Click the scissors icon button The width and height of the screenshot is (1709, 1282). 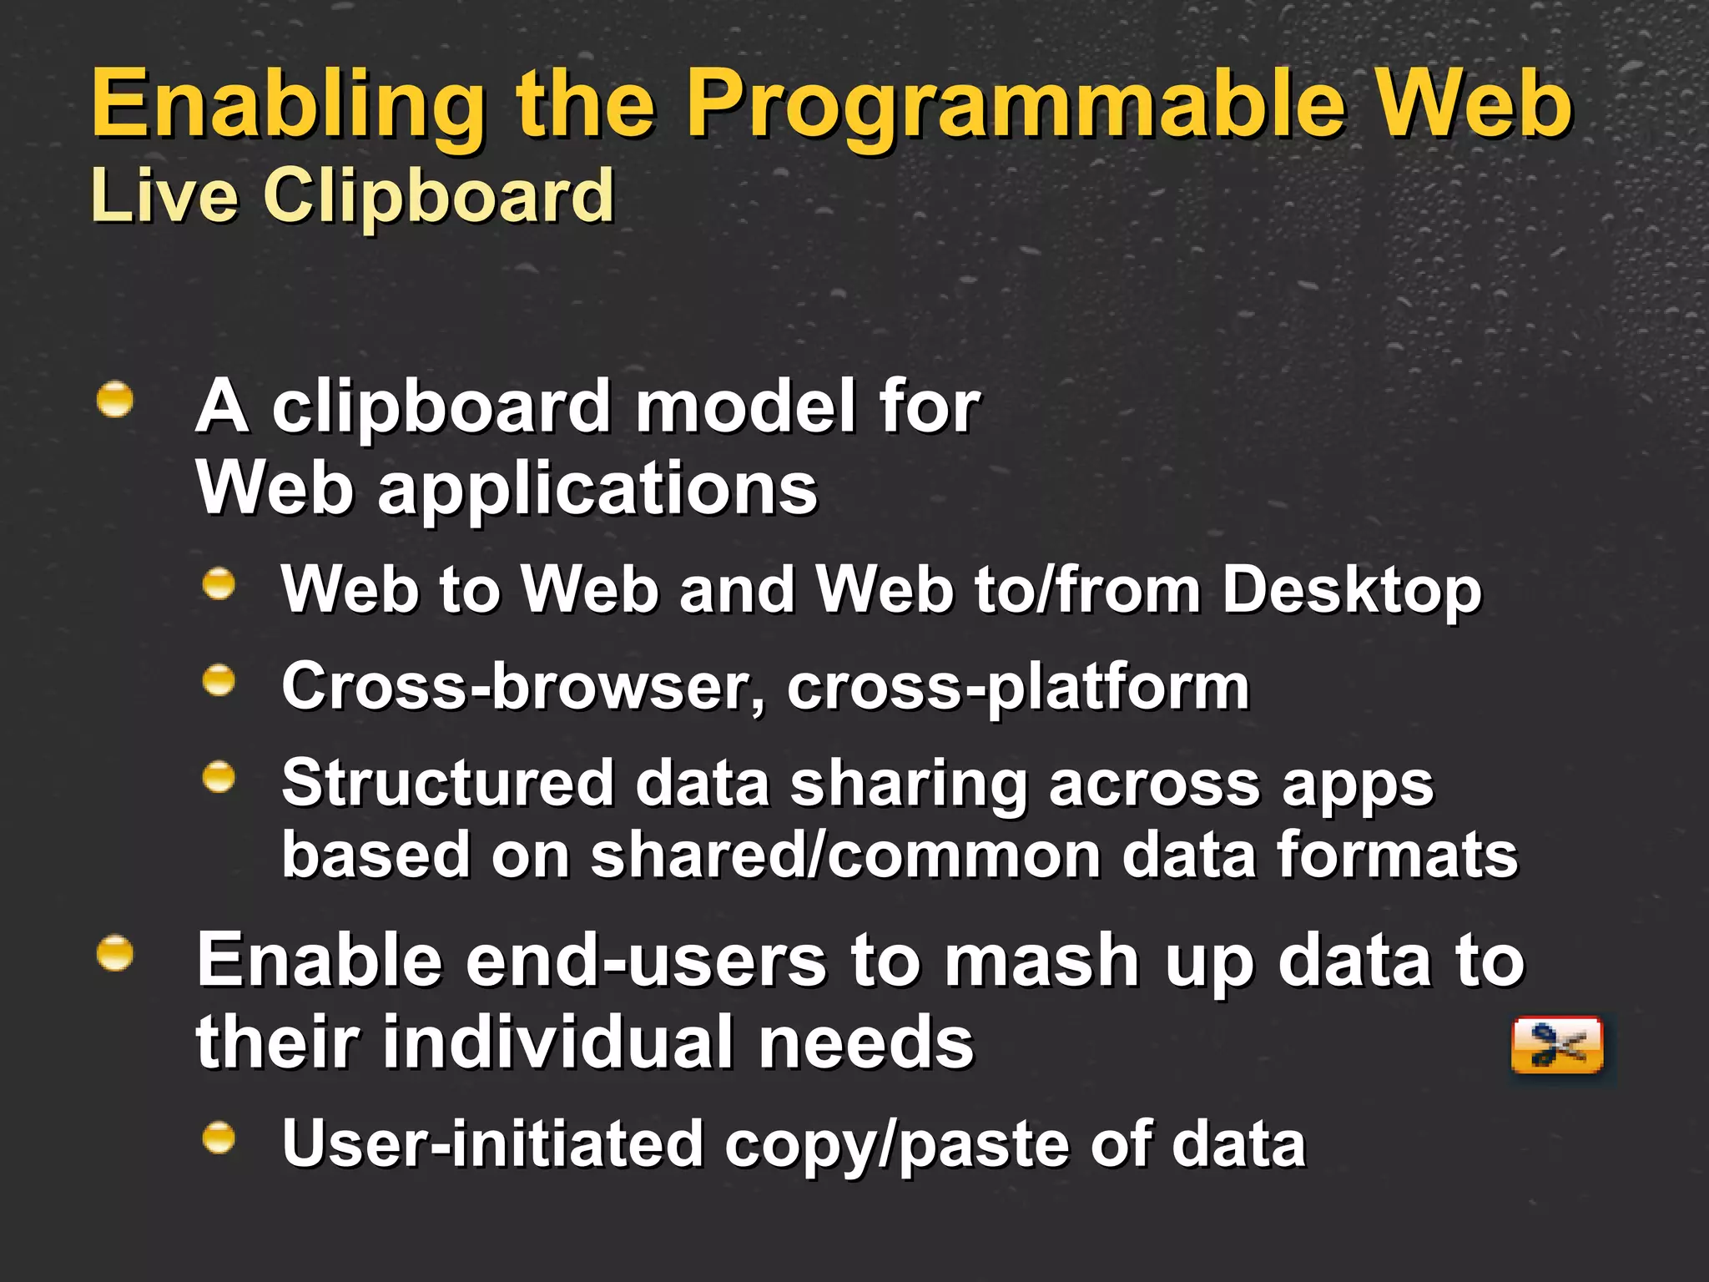tap(1557, 1044)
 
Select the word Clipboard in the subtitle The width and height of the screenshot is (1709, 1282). tap(439, 197)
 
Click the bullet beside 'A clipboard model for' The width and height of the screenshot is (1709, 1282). tap(115, 399)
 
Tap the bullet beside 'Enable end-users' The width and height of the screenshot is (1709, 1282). tap(115, 954)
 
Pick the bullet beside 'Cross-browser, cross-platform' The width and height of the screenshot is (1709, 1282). tap(219, 680)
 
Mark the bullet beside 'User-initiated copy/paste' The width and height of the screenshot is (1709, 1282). tap(219, 1138)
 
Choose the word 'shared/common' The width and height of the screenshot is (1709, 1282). tap(846, 856)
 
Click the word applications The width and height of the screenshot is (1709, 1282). tap(597, 490)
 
